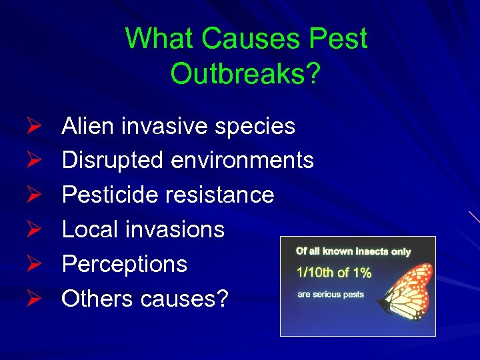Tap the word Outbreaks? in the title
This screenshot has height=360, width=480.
(x=245, y=73)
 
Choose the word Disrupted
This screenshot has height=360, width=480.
(x=112, y=160)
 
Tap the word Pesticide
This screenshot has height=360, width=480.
(x=111, y=195)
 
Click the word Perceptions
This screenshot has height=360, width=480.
(x=124, y=265)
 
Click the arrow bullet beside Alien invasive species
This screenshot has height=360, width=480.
(x=37, y=126)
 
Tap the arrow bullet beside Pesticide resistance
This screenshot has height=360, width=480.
(x=37, y=195)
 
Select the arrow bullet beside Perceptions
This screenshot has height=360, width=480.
(x=37, y=264)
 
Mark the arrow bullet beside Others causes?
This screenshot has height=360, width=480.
(x=37, y=299)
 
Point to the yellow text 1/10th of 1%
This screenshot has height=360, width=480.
(x=334, y=272)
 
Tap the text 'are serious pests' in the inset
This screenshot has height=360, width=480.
(x=330, y=294)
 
